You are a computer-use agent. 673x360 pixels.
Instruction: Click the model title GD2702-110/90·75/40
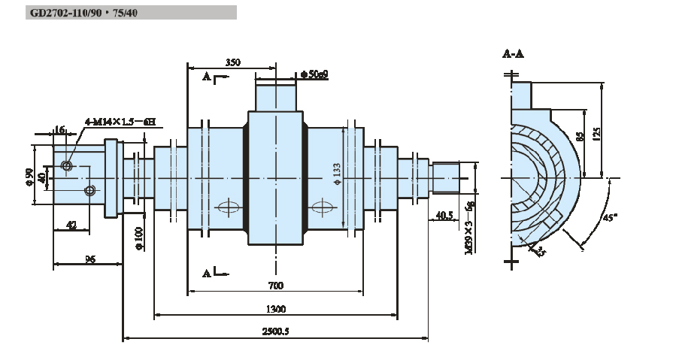[x=84, y=13]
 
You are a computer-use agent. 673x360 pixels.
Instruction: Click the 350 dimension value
[x=233, y=63]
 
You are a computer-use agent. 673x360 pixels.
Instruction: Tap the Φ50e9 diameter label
[x=314, y=74]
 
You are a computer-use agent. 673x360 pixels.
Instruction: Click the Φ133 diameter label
[x=337, y=174]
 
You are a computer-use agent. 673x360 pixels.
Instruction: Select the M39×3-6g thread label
[x=468, y=226]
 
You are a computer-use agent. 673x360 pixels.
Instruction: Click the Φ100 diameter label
[x=138, y=240]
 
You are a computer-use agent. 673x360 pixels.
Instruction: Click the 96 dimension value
[x=89, y=259]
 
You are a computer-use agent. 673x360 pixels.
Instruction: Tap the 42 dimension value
[x=72, y=224]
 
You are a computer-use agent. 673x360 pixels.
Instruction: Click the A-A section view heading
[x=513, y=54]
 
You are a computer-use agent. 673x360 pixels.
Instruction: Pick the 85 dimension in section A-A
[x=579, y=137]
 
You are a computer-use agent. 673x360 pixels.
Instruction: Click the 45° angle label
[x=611, y=219]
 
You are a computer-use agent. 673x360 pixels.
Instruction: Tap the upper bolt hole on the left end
[x=67, y=165]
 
